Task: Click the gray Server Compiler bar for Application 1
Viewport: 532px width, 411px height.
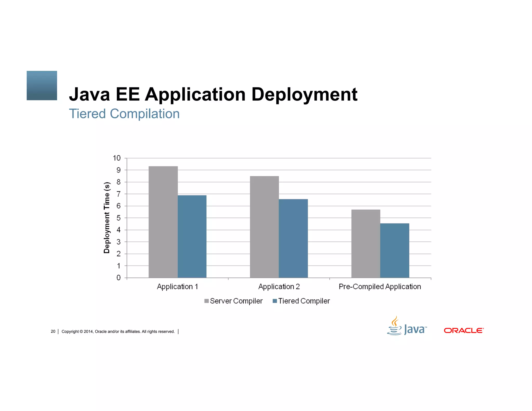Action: [163, 222]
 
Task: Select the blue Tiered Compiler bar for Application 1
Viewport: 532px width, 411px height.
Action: [192, 236]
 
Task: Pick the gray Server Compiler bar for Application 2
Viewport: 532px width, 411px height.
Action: [264, 227]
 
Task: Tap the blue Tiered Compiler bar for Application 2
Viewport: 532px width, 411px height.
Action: [293, 238]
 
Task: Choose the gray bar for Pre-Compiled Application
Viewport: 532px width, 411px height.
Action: [366, 244]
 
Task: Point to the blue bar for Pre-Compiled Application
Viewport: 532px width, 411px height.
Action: [395, 250]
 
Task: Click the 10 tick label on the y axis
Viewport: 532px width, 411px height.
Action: [117, 158]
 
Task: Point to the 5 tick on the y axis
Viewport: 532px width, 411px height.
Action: [118, 218]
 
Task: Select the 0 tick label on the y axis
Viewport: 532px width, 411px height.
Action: [118, 278]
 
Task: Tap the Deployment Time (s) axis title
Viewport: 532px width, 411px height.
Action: [107, 217]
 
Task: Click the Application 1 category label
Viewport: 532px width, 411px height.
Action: [177, 287]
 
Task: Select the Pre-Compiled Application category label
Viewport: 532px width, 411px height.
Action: [380, 287]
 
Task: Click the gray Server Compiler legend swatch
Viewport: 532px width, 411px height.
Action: [207, 301]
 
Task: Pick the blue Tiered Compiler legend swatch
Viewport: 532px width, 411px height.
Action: [275, 301]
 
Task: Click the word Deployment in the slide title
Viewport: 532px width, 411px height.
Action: [304, 95]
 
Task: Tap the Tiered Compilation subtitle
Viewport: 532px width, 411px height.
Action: [124, 114]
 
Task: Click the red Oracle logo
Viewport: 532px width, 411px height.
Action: [464, 330]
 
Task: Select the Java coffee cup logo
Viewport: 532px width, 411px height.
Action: [395, 326]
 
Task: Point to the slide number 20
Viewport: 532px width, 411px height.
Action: [53, 332]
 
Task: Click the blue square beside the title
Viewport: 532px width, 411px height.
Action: [42, 85]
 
